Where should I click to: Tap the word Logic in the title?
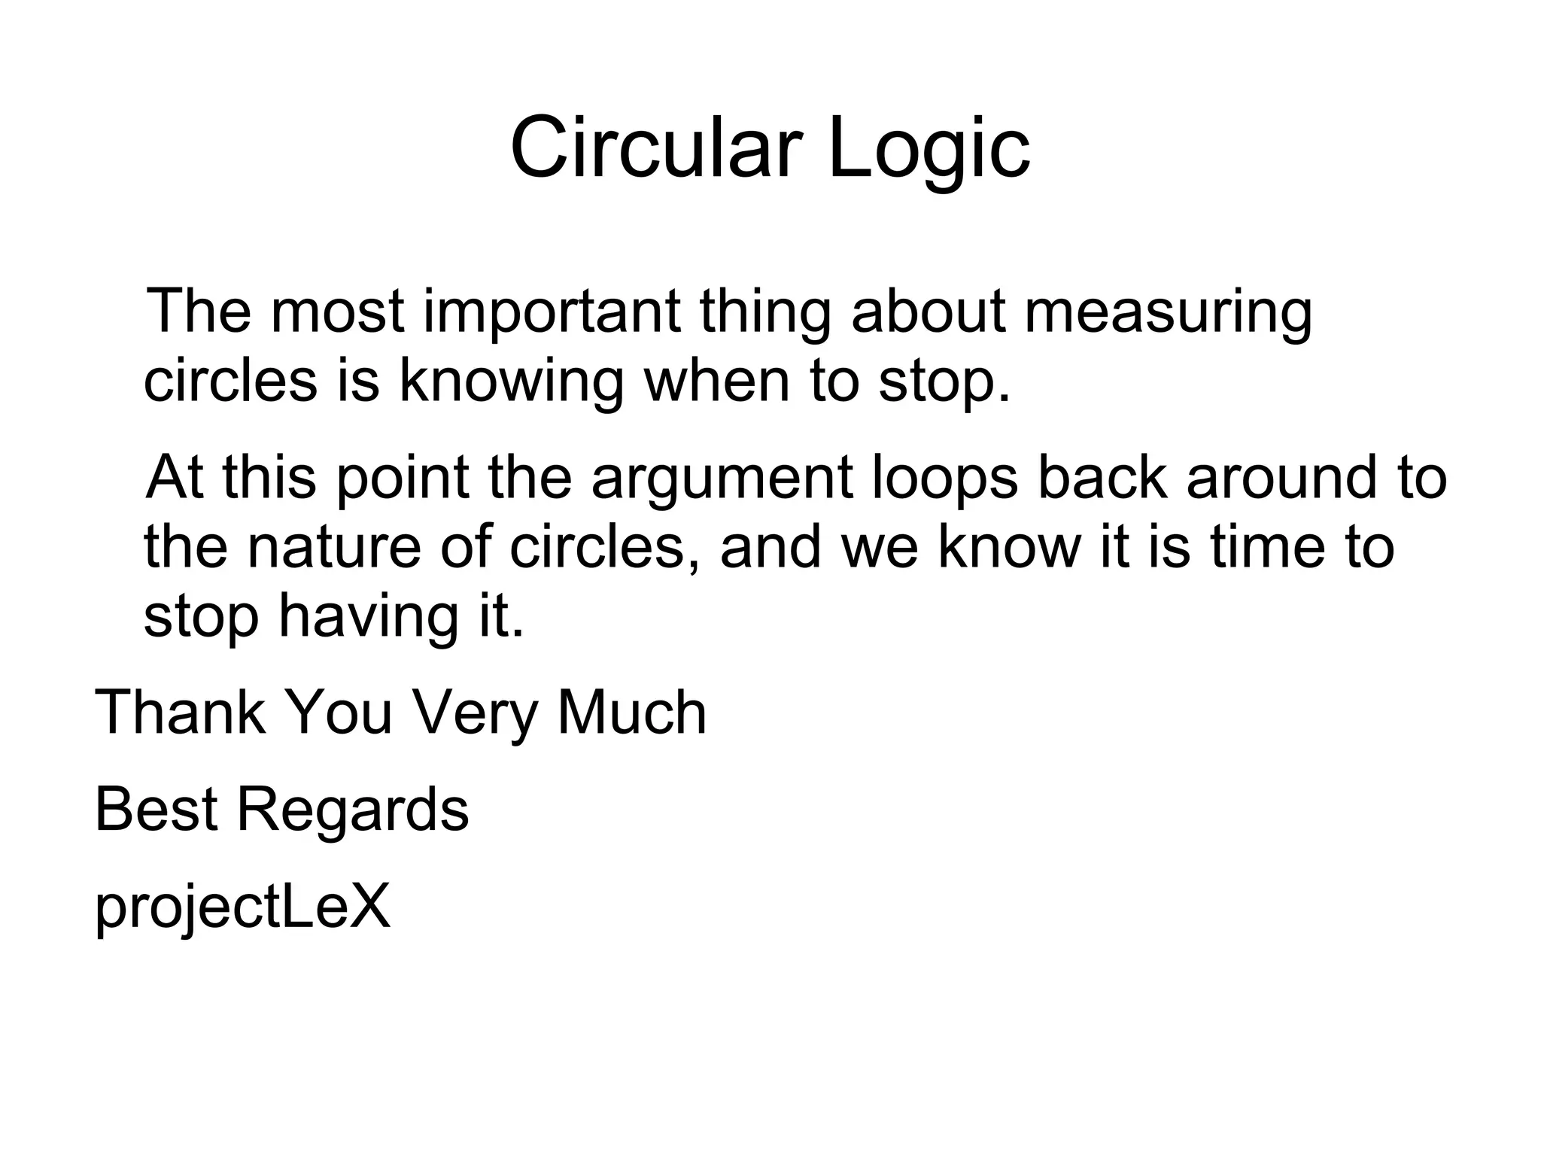929,149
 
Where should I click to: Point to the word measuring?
1168,312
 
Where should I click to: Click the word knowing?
511,381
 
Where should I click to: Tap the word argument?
722,479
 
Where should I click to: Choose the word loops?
945,479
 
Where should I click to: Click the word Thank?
180,712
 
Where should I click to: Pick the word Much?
631,712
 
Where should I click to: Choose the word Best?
156,810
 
